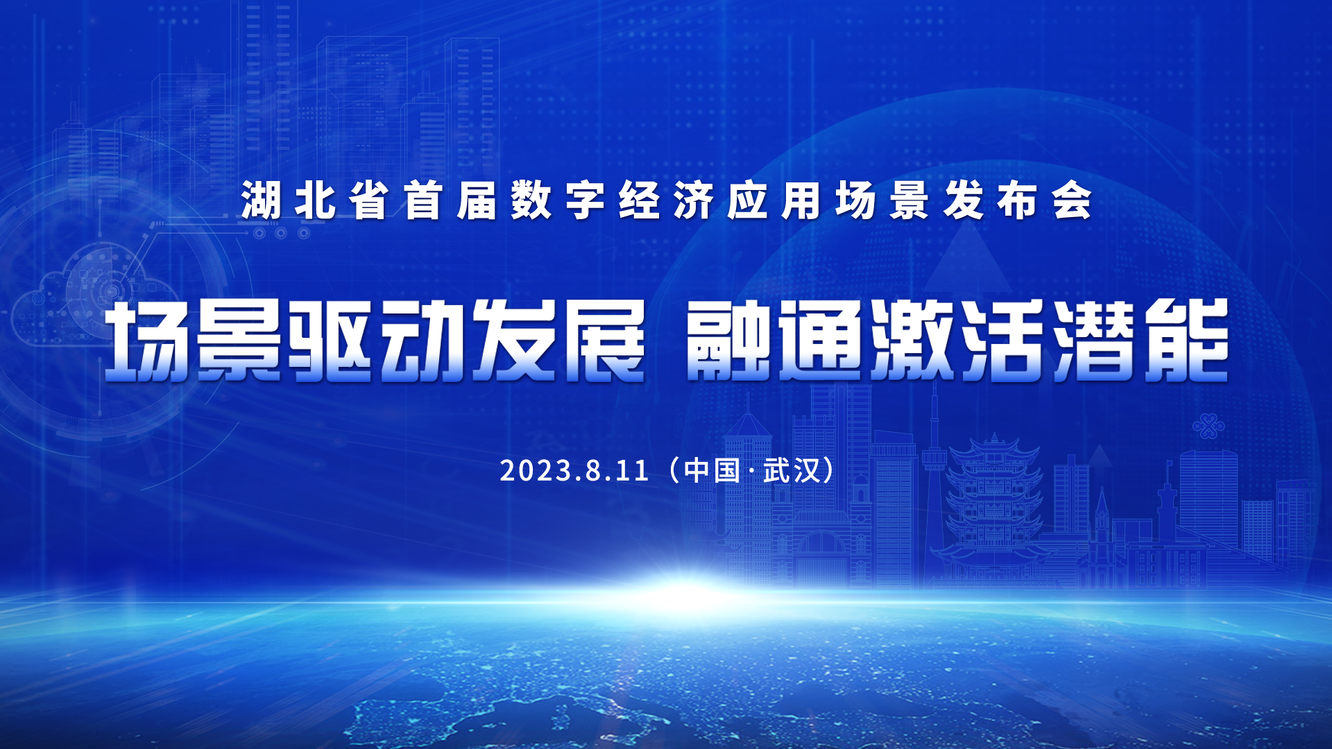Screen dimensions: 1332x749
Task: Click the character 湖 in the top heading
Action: coord(262,201)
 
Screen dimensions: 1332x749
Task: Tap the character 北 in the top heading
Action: coord(316,201)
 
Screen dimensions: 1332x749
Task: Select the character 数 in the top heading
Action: coord(531,201)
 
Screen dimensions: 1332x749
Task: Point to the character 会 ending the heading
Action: coord(1072,201)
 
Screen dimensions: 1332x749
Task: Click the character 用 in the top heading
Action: coord(802,201)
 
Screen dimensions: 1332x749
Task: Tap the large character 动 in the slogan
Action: coord(422,341)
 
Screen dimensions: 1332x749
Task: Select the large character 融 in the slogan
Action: coord(728,341)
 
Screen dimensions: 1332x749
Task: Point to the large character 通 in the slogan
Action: coord(820,341)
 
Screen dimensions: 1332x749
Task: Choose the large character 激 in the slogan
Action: coord(912,341)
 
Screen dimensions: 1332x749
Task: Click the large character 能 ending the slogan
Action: coord(1187,341)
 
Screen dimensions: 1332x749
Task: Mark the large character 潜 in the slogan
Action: coord(1095,341)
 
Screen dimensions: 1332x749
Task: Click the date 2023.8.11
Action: coord(574,471)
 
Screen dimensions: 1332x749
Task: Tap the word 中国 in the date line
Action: coord(712,471)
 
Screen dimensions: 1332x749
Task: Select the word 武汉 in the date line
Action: coord(792,471)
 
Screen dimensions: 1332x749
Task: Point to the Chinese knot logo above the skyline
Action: coord(1209,426)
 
